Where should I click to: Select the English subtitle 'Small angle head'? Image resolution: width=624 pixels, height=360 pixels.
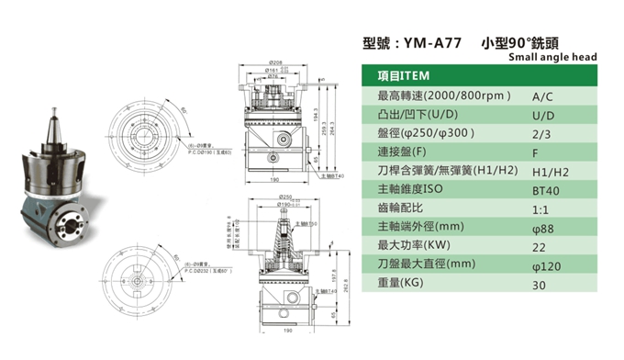click(x=552, y=57)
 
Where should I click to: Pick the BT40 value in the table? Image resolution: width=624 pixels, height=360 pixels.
click(x=546, y=190)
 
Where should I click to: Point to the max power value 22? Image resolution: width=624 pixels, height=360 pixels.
click(x=539, y=247)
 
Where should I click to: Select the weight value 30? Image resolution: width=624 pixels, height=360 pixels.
click(x=539, y=285)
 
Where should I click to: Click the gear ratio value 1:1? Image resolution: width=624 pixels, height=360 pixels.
click(x=540, y=208)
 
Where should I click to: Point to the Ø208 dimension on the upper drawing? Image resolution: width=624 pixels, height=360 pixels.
click(x=275, y=62)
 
